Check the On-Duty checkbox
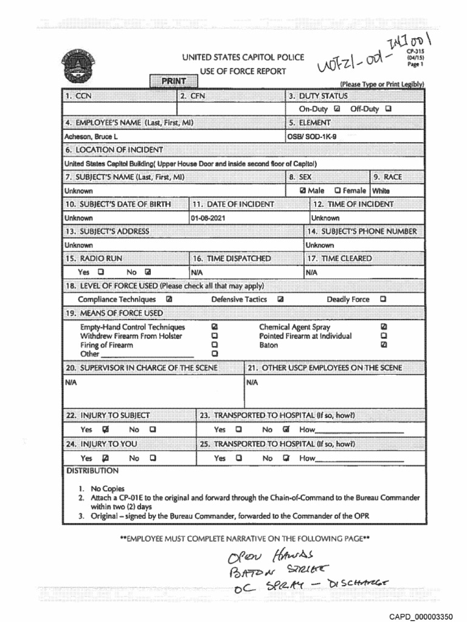point(336,109)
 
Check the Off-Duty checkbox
point(389,109)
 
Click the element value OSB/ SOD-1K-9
point(313,137)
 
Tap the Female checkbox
point(337,190)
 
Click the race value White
point(381,191)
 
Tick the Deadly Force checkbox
point(383,299)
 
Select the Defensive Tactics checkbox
point(280,299)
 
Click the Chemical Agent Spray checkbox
point(383,327)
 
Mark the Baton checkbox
point(383,345)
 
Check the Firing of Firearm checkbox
point(214,345)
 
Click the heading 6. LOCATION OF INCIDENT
point(114,149)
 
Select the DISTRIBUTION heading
point(92,471)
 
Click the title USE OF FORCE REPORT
point(234,72)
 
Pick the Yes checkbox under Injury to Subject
point(106,429)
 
